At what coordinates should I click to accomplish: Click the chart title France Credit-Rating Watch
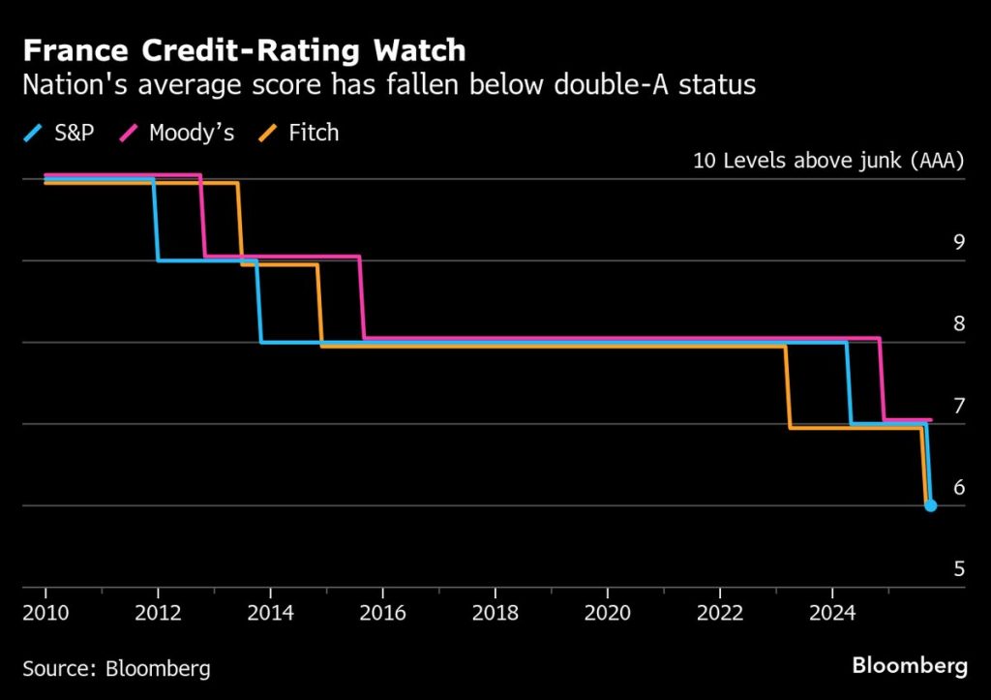click(244, 50)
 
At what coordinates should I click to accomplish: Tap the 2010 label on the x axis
click(45, 613)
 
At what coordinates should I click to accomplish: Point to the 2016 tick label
click(382, 613)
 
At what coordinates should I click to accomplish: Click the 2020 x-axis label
click(608, 613)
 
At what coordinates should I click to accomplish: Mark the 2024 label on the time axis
click(831, 613)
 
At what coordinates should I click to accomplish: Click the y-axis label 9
click(959, 242)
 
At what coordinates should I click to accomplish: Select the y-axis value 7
click(959, 406)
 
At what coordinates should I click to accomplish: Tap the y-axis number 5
click(959, 569)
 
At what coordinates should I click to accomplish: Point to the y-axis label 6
click(959, 487)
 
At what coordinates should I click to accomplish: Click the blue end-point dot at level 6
click(930, 505)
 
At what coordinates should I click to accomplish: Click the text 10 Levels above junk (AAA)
click(829, 161)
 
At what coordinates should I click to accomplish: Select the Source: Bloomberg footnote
click(116, 668)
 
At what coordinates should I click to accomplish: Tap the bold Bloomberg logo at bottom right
click(909, 666)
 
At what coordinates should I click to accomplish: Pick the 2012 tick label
click(157, 613)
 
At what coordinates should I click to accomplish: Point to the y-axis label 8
click(959, 323)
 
